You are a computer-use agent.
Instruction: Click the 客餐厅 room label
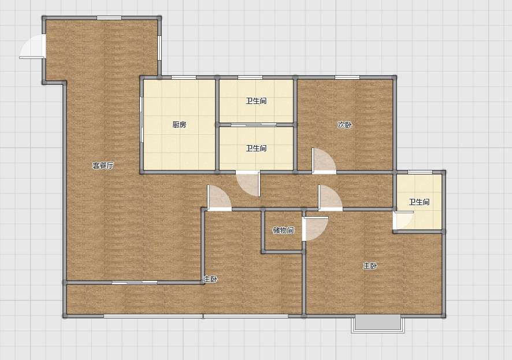tap(103, 165)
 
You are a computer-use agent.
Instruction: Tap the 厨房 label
tap(179, 124)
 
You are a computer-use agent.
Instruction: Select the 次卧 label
tap(345, 124)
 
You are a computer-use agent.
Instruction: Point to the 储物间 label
tap(283, 230)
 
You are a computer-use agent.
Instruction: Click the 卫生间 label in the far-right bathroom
tap(420, 202)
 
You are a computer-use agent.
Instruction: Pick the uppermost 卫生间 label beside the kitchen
tap(257, 101)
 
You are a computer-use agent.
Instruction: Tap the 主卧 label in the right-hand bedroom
tap(370, 266)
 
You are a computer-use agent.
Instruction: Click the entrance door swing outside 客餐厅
tap(32, 47)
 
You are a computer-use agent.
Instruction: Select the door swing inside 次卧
tap(324, 161)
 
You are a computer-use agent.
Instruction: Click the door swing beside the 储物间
tap(315, 228)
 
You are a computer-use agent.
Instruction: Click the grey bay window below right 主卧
tap(378, 324)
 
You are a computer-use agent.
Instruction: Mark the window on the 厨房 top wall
tap(184, 77)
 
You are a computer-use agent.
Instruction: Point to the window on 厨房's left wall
tap(142, 120)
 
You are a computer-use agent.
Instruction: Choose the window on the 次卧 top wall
tap(347, 77)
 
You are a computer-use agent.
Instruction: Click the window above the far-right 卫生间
tap(420, 172)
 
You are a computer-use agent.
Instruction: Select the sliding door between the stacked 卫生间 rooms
tap(254, 124)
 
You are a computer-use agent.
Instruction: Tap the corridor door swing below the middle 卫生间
tap(248, 184)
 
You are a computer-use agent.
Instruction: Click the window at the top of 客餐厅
tap(109, 18)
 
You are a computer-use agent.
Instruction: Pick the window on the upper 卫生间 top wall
tap(250, 77)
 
